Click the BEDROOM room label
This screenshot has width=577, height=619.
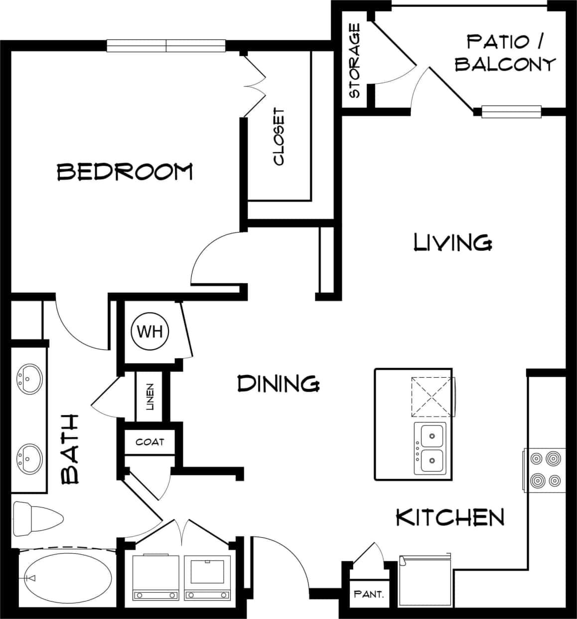coord(125,171)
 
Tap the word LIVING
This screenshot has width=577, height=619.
coord(453,242)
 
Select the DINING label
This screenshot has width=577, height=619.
coord(278,384)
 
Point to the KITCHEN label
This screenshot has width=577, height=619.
coord(450,517)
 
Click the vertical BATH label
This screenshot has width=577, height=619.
coord(71,449)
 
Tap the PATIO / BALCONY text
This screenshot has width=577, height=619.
coord(505,53)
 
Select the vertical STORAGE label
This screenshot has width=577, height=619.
coord(355,61)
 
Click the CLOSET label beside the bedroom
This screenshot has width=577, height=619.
coord(279,137)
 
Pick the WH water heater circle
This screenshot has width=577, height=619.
coord(149,331)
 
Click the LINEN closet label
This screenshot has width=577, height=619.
coord(150,397)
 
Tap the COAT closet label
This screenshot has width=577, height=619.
coord(149,442)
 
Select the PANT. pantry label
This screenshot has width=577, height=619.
coord(368,594)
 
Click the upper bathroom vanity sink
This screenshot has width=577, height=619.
coord(29,379)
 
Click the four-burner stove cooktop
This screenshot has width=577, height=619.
coord(545,469)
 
